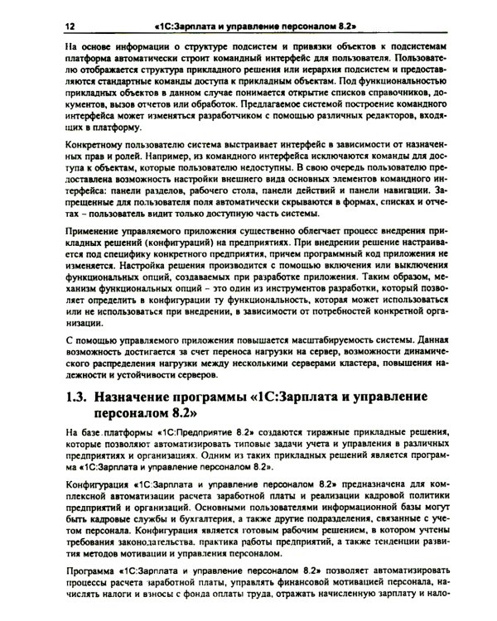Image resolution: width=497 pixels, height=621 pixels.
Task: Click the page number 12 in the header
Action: click(69, 27)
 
